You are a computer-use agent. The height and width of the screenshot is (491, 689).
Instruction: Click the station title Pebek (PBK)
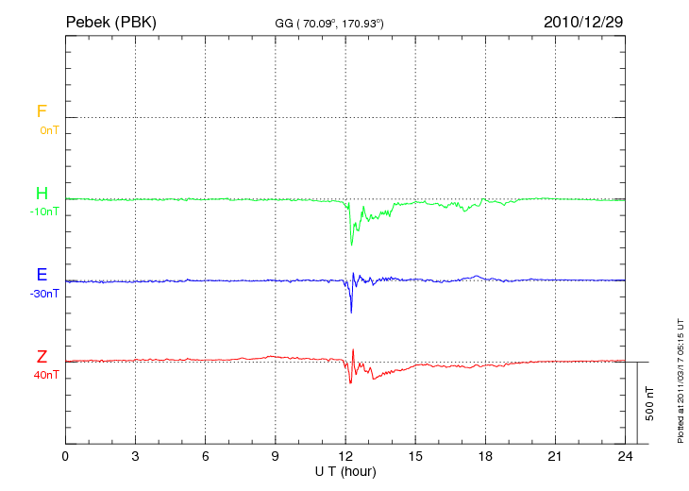pos(111,22)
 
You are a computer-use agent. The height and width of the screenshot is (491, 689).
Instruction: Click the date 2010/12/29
pos(583,22)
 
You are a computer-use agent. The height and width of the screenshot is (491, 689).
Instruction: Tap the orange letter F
pos(42,111)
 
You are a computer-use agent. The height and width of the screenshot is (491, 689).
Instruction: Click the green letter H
pos(42,194)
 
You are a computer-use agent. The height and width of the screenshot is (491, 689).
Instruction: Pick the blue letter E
pos(42,276)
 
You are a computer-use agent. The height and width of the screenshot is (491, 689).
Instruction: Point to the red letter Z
pos(42,357)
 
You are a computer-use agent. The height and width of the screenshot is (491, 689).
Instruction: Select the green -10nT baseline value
pos(44,212)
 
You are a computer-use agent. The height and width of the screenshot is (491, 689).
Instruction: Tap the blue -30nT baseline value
pos(44,294)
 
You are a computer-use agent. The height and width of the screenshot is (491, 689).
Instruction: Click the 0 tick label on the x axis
pos(65,456)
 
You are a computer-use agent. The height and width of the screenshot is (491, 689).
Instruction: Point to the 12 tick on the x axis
pos(345,456)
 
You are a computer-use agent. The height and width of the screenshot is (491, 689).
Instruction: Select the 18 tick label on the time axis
pos(485,456)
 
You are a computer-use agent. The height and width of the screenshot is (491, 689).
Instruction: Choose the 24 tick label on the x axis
pos(625,456)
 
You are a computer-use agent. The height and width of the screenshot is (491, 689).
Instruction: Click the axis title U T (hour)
pos(344,470)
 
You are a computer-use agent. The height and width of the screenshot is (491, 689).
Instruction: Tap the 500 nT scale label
pos(650,403)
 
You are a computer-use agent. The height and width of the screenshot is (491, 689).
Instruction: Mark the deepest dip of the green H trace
pos(352,245)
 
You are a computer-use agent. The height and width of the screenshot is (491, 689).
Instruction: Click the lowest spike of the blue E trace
pos(351,313)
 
